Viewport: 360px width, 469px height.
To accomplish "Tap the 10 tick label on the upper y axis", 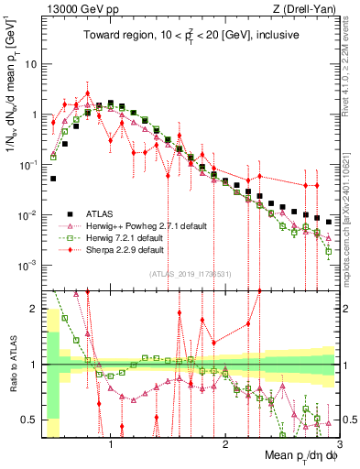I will point(31,65).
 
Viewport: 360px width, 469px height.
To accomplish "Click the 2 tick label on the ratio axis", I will point(33,310).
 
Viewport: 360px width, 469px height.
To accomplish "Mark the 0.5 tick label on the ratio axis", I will point(29,420).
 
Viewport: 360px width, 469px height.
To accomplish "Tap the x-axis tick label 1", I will point(111,445).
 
